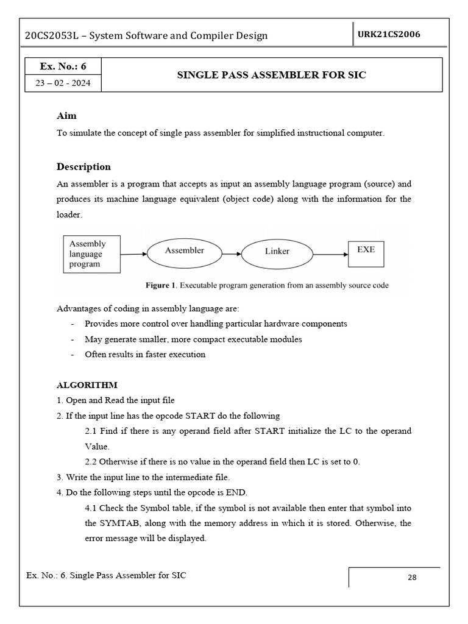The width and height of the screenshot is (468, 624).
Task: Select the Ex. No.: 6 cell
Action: pos(63,66)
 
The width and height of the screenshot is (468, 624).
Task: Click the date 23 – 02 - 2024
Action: pos(63,83)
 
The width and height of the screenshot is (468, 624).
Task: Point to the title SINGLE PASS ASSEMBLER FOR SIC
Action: pos(271,75)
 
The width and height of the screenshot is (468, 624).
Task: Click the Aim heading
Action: pos(66,116)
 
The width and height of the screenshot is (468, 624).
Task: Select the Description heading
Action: pos(83,167)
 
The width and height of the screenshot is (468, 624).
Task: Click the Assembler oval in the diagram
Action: pos(184,250)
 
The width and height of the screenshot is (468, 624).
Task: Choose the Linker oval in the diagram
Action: pos(277,251)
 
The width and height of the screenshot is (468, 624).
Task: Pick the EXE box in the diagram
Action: pos(366,250)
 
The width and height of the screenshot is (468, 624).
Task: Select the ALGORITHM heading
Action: pos(87,385)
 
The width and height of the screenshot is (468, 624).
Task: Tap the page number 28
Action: pos(412,578)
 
